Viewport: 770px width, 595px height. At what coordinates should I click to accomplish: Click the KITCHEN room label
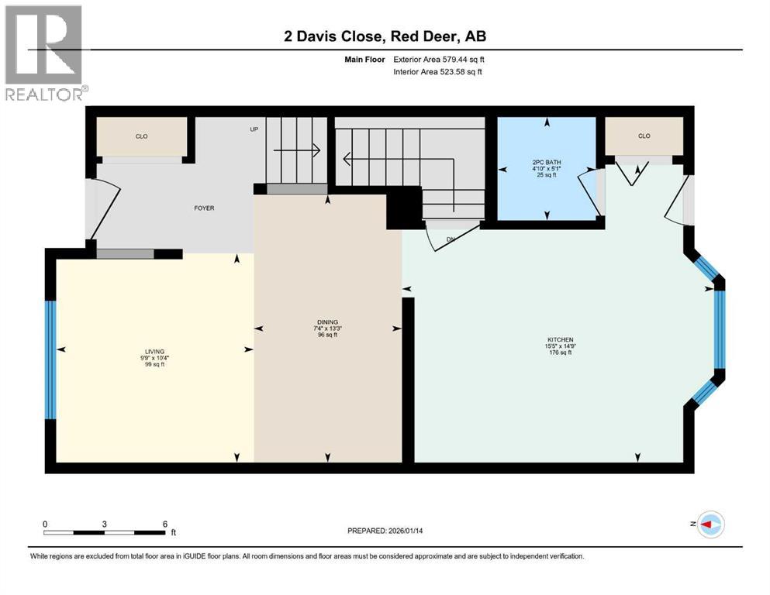[x=560, y=339]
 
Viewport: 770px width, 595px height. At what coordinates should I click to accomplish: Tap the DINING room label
[x=327, y=322]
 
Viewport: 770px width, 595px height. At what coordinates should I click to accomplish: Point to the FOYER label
[x=204, y=208]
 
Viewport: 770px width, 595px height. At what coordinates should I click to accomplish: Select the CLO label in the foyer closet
[x=141, y=136]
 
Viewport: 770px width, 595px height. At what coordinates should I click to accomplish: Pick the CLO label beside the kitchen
[x=644, y=136]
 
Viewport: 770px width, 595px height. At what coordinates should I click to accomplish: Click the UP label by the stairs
[x=254, y=129]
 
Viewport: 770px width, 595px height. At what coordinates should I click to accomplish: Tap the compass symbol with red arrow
[x=710, y=524]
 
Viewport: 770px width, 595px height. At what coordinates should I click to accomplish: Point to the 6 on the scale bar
[x=164, y=524]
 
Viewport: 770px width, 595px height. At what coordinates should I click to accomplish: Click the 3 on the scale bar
[x=104, y=524]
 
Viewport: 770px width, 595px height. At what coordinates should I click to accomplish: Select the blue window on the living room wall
[x=50, y=359]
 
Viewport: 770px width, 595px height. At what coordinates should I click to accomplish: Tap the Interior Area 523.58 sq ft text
[x=438, y=72]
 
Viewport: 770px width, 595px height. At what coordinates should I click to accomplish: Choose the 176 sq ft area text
[x=560, y=353]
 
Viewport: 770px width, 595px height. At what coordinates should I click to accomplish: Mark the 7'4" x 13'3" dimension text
[x=327, y=328]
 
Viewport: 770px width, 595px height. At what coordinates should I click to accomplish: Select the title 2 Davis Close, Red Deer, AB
[x=385, y=36]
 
